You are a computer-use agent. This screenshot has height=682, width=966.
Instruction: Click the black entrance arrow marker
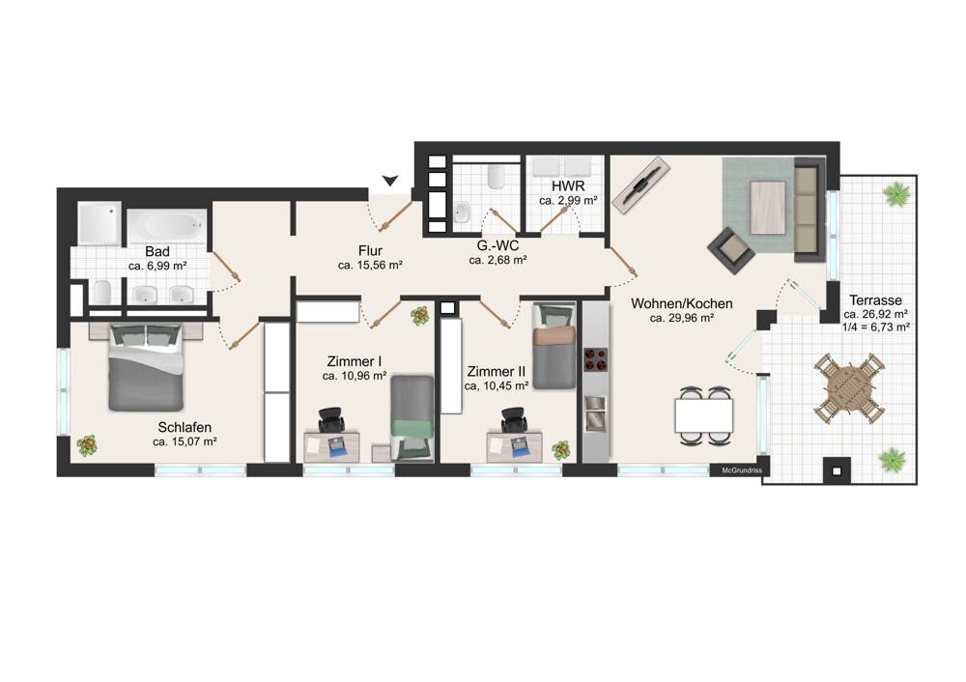click(390, 180)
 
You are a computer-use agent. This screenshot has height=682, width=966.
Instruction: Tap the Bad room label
click(157, 251)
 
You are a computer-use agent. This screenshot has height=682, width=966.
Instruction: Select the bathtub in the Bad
click(166, 225)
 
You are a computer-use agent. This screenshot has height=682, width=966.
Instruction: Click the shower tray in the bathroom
click(99, 224)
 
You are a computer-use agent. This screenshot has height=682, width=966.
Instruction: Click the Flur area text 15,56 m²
click(370, 266)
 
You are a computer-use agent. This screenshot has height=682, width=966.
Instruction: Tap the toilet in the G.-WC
click(495, 177)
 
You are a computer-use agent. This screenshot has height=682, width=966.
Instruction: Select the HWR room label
click(568, 185)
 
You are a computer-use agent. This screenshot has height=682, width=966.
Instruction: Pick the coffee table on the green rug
click(768, 208)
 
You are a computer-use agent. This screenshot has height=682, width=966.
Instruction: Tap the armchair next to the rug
click(731, 250)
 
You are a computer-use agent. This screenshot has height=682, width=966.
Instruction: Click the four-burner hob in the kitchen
click(595, 359)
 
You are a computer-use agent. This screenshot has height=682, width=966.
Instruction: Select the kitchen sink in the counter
click(595, 412)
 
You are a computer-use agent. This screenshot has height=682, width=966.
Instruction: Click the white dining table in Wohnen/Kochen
click(704, 415)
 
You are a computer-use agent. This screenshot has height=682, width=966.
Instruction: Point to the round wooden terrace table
click(849, 388)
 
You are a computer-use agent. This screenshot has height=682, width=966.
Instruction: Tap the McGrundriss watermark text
click(742, 470)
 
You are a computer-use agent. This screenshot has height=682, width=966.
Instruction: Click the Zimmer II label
click(496, 372)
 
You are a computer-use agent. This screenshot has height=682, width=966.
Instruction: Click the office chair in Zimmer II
click(515, 421)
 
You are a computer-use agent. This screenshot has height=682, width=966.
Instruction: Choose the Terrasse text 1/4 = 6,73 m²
click(876, 327)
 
